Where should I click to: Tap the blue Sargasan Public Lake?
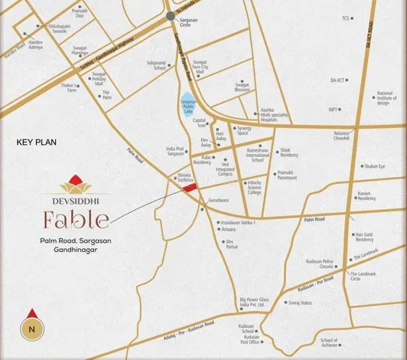(x=188, y=107)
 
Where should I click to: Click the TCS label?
(x=346, y=18)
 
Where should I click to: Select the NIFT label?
(x=334, y=110)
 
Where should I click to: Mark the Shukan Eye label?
(x=374, y=165)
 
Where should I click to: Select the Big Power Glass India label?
(x=252, y=302)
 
